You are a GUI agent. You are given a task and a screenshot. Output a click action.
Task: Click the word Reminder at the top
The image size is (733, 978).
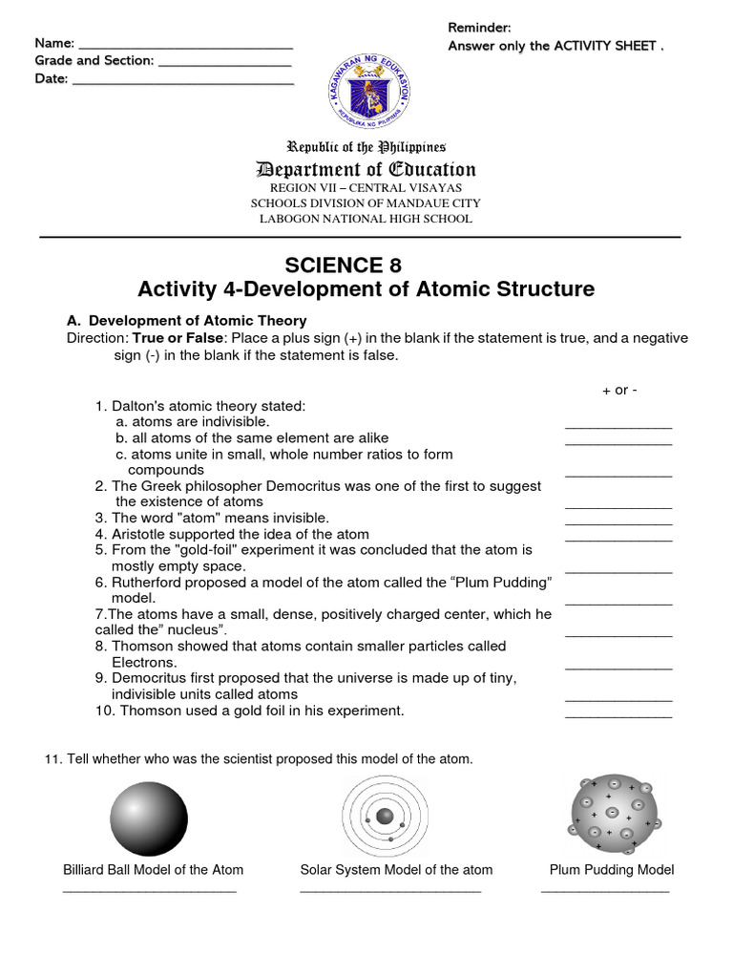point(480,28)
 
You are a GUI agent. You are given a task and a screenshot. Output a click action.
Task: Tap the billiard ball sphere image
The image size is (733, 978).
point(149,818)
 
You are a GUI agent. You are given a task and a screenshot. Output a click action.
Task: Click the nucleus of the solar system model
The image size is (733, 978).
point(385,817)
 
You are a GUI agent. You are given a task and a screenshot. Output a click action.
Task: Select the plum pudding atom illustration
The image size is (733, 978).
point(615,813)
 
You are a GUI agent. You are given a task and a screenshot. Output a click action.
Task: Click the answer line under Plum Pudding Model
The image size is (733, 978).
point(605,891)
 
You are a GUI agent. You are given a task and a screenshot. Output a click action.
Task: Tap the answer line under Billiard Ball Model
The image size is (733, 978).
point(149,891)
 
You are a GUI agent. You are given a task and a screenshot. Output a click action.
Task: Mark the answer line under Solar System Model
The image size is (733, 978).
point(390,891)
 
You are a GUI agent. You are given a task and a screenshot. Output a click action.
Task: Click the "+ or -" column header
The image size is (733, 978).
point(619,390)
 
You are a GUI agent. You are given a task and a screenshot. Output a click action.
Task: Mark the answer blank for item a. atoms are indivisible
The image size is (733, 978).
point(618,427)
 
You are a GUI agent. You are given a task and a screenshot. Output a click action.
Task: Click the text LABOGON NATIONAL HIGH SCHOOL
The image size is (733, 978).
point(366,219)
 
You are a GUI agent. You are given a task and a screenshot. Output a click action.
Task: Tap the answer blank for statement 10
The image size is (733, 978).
point(618,715)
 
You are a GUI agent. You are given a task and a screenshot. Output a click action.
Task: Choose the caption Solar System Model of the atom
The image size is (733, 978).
point(396,869)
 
